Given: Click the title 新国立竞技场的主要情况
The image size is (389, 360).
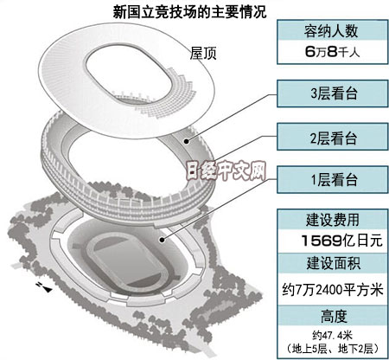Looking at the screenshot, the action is [189, 12].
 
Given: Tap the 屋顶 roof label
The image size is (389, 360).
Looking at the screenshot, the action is [203, 54].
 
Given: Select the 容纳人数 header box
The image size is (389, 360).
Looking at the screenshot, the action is [332, 30].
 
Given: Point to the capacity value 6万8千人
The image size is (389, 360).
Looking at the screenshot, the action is [332, 52].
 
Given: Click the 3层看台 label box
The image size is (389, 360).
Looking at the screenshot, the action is [332, 93].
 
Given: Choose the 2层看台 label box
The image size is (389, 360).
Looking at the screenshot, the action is [332, 137].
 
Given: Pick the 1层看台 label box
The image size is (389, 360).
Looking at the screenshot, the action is [332, 179].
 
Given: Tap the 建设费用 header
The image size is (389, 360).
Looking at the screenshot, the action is [332, 220].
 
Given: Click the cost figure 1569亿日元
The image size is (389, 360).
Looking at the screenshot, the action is [341, 241].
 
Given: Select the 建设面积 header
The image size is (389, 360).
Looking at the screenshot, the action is [332, 263].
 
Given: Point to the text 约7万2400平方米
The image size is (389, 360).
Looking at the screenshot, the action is [332, 289].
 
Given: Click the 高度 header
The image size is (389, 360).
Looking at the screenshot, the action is [332, 316].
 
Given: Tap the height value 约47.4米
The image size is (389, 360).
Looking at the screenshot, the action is [332, 336].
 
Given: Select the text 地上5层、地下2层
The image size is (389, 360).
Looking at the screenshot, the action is [332, 349].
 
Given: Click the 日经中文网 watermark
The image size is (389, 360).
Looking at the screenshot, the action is [226, 170].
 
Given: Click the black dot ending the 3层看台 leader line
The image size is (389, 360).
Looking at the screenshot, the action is [187, 141].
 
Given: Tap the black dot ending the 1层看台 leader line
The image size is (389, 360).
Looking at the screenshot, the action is [163, 240].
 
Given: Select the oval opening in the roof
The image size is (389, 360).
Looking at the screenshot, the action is [129, 74].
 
